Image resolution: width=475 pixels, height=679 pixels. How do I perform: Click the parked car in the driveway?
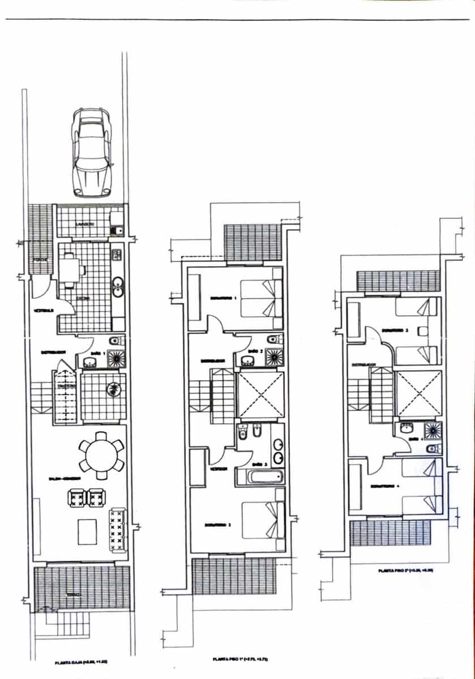(x=91, y=151)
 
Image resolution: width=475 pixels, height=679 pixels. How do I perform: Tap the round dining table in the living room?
(x=101, y=453)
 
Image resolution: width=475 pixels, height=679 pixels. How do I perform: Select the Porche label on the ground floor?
(x=38, y=260)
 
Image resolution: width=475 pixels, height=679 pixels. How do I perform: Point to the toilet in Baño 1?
(x=115, y=341)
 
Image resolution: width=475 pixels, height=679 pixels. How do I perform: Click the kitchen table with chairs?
(x=71, y=269)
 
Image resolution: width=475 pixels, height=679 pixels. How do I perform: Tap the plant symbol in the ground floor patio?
(x=113, y=389)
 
